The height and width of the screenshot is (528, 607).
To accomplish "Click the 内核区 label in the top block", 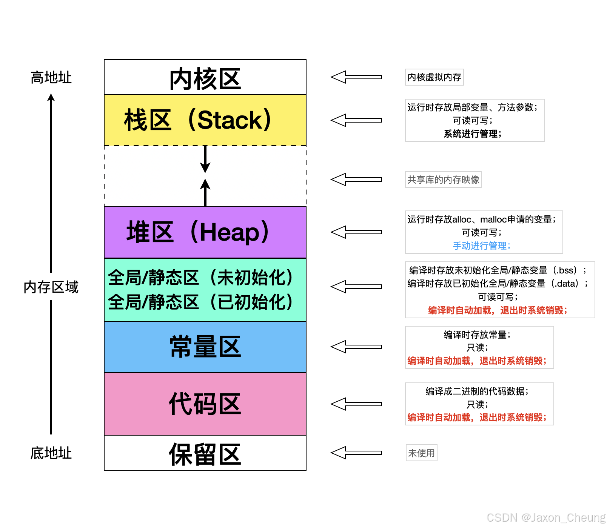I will pos(205,79).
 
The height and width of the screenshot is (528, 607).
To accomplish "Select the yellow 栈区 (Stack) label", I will pos(197,120).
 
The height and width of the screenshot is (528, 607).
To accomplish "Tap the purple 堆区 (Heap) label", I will pos(198,232).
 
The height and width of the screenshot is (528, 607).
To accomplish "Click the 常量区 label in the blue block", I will pos(205,347).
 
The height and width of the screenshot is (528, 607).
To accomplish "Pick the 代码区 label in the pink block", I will pos(205,404).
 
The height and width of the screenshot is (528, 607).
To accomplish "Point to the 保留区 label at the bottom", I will pos(205,454).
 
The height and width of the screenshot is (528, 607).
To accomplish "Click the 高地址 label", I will pos(51,77).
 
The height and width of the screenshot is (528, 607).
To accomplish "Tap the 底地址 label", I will pos(51,453).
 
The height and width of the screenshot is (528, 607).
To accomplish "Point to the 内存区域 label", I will pos(51,287).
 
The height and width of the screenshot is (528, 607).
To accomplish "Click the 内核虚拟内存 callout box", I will pos(434,77).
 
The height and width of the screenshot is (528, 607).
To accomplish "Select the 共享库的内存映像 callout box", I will pos(443,180).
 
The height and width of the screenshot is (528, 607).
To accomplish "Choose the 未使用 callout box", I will pos(421,453).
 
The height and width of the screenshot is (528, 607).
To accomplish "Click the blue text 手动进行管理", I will pos(481,246).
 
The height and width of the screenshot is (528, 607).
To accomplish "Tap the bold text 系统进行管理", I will pos(472,134).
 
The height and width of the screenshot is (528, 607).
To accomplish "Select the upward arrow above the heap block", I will pos(205,192).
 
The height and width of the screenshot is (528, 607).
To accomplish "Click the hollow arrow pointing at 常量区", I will pos(356,347).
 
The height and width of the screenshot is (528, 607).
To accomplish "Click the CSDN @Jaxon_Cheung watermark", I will pos(546,517).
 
